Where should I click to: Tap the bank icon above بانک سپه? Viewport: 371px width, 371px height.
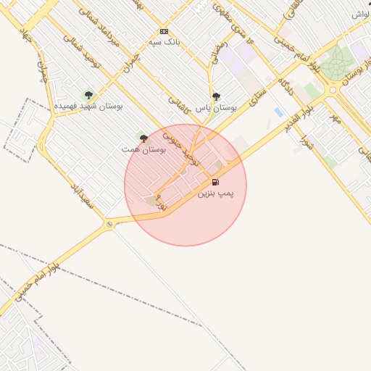(x=164, y=32)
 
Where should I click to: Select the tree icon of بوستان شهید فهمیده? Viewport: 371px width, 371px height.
(x=88, y=95)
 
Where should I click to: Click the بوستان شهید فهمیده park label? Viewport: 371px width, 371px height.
(x=88, y=106)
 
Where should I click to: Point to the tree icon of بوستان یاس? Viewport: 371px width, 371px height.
(x=216, y=96)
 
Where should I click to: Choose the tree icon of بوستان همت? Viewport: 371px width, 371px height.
(x=143, y=138)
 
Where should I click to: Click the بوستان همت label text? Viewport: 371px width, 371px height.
(x=145, y=149)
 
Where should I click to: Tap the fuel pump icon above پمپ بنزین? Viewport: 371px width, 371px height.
(x=215, y=181)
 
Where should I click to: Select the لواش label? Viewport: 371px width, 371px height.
(x=361, y=14)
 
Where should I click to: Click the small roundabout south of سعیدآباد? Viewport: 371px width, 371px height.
(x=109, y=224)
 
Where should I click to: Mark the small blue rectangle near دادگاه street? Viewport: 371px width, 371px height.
(x=279, y=112)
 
